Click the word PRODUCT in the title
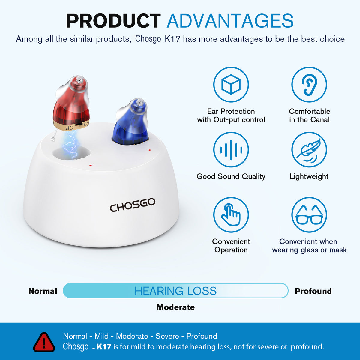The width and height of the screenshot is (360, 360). (x=113, y=21)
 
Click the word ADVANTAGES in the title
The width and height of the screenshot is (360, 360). (x=230, y=21)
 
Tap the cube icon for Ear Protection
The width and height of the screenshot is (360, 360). (x=231, y=85)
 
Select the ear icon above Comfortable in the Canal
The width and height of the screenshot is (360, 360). (x=309, y=85)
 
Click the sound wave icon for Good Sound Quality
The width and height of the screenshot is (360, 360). (x=231, y=150)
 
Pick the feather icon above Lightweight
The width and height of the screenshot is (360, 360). (x=309, y=150)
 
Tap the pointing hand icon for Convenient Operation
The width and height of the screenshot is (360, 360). (x=231, y=215)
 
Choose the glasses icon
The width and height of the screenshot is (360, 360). (x=309, y=215)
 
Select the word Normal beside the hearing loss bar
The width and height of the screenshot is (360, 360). (x=43, y=291)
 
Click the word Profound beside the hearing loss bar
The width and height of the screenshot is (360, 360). (x=313, y=291)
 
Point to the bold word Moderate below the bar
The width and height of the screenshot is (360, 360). (x=175, y=307)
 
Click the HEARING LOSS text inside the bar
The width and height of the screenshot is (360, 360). (x=175, y=291)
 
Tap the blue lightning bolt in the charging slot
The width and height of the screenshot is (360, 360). (x=71, y=144)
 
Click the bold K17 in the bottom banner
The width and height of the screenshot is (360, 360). (x=104, y=347)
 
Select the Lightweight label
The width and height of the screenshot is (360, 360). (x=309, y=176)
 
